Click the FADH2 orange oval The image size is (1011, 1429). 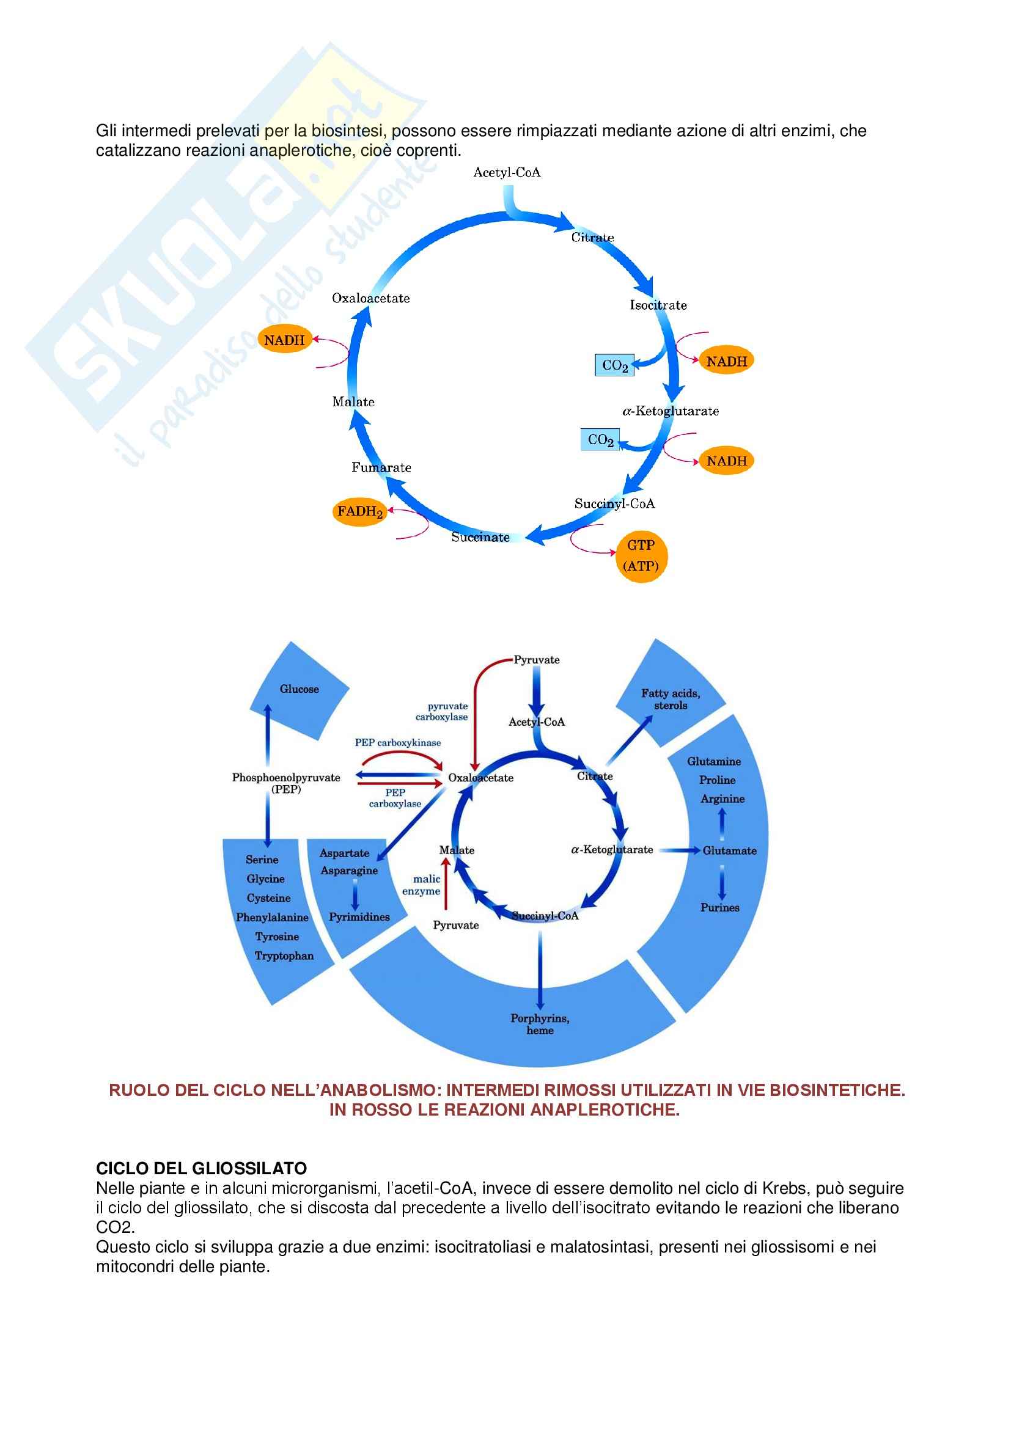pyautogui.click(x=359, y=511)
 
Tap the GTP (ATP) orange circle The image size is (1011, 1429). pyautogui.click(x=641, y=556)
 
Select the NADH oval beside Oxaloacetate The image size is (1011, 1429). pyautogui.click(x=284, y=340)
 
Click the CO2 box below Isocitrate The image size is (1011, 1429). pyautogui.click(x=614, y=365)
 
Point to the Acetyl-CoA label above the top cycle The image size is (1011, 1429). pyautogui.click(x=507, y=172)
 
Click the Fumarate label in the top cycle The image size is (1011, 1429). pyautogui.click(x=381, y=467)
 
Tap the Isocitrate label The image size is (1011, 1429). pyautogui.click(x=658, y=305)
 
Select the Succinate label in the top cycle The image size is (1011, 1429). pyautogui.click(x=480, y=537)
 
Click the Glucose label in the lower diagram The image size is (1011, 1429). pyautogui.click(x=299, y=689)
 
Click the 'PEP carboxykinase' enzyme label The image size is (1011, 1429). pyautogui.click(x=398, y=742)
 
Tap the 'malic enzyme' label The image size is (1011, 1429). pyautogui.click(x=422, y=885)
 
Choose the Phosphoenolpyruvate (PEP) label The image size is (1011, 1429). pyautogui.click(x=286, y=783)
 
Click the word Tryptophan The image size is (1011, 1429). pyautogui.click(x=284, y=956)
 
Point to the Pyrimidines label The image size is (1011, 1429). pyautogui.click(x=359, y=917)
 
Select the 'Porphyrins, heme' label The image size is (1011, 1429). pyautogui.click(x=540, y=1024)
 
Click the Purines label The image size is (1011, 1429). pyautogui.click(x=719, y=907)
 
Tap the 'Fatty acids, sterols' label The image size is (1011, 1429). pyautogui.click(x=671, y=699)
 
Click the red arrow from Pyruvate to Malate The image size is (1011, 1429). pyautogui.click(x=445, y=883)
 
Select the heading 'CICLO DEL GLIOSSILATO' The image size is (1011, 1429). pyautogui.click(x=201, y=1168)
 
